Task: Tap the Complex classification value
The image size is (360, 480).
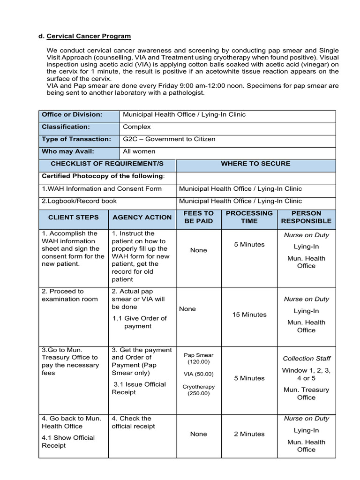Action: [x=137, y=127]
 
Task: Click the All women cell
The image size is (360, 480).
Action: [x=139, y=151]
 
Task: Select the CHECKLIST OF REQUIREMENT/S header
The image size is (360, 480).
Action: [x=107, y=164]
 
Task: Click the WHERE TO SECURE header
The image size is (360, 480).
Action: [x=255, y=164]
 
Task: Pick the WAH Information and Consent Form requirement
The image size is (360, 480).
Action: [x=102, y=188]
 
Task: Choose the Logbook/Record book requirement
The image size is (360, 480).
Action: [x=79, y=201]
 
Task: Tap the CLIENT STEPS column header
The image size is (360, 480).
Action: [x=74, y=217]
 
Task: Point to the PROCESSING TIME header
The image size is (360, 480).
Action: [x=249, y=217]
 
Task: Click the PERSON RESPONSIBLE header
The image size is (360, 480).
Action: [x=306, y=217]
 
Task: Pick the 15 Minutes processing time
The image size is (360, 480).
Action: [x=249, y=315]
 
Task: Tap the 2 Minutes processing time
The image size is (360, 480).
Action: [x=249, y=434]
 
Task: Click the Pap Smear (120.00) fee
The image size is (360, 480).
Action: [x=198, y=359]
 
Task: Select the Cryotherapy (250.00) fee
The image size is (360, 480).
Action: [x=198, y=390]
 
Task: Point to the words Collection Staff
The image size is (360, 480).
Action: [x=306, y=359]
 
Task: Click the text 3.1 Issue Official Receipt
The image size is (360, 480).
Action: [x=139, y=388]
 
